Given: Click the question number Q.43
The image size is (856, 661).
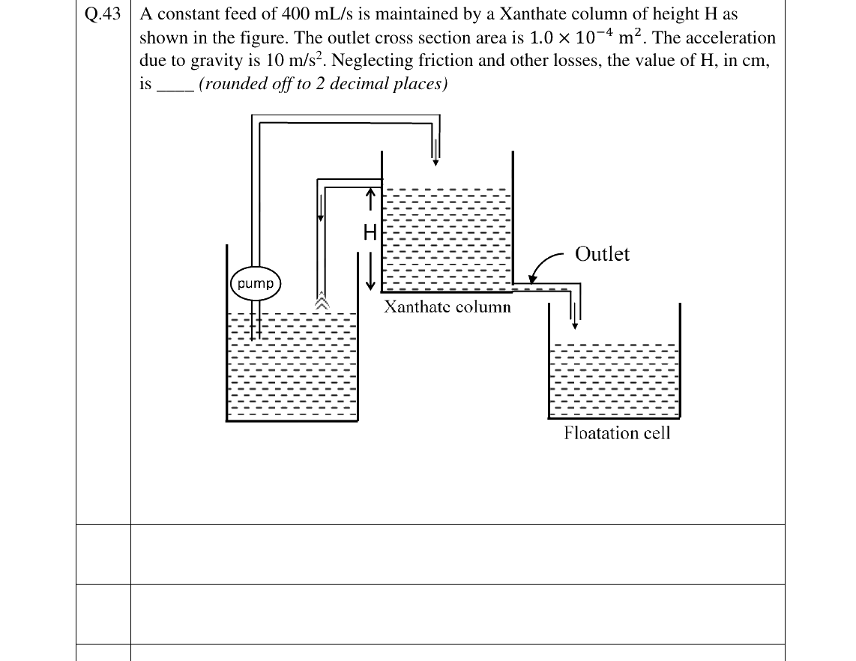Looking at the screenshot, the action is tap(103, 13).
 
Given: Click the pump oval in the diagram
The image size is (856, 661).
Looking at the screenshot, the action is tap(256, 283).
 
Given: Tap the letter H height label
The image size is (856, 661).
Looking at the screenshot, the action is tap(370, 232).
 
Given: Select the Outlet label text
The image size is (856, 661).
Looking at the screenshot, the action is tap(602, 254).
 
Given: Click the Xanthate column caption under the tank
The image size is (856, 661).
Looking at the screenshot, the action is tap(447, 307).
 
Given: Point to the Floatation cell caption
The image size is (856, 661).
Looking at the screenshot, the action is tap(617, 433).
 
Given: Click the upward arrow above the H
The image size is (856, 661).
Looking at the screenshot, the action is tap(370, 199).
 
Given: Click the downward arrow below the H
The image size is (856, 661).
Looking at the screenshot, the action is tap(371, 271).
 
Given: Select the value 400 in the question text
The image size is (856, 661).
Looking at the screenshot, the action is tap(295, 13).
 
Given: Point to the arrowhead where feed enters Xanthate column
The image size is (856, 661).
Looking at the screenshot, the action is tap(435, 162).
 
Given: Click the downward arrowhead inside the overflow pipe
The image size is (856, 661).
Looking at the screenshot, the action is tap(321, 218).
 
